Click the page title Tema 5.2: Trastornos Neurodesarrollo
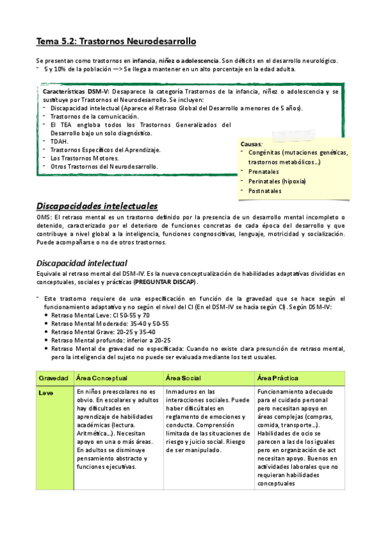pyautogui.click(x=116, y=41)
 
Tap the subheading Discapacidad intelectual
pyautogui.click(x=81, y=262)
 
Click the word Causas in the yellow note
pyautogui.click(x=251, y=145)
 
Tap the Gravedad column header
pyautogui.click(x=53, y=378)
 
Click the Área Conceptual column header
pyautogui.click(x=101, y=378)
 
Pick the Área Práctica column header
pyautogui.click(x=277, y=378)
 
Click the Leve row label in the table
pyautogui.click(x=46, y=392)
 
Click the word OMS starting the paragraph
pyautogui.click(x=43, y=218)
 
